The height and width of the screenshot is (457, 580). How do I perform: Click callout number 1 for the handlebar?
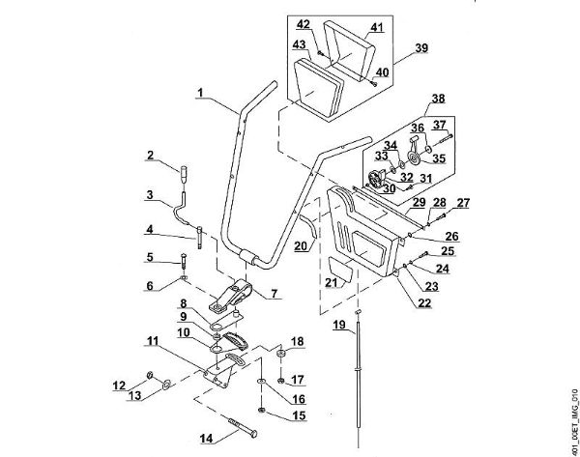point(198,93)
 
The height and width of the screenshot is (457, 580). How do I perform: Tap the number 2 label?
point(151,156)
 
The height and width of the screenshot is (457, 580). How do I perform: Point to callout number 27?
point(464,201)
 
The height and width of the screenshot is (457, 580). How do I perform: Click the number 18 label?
point(297,342)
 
